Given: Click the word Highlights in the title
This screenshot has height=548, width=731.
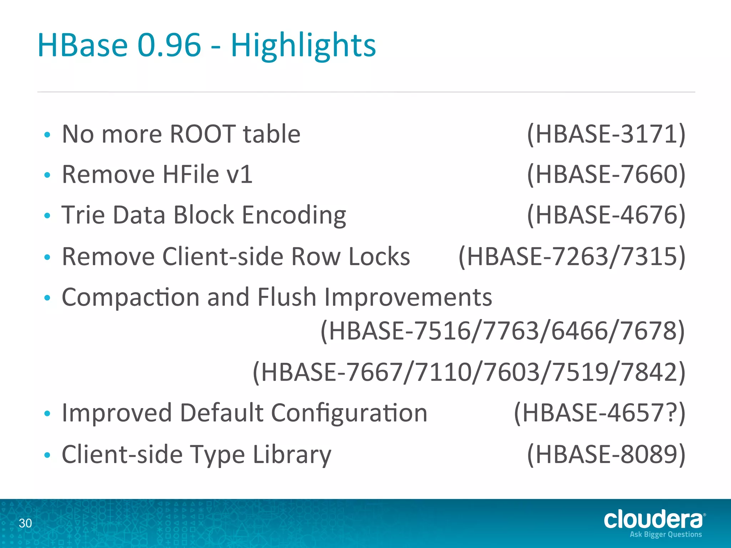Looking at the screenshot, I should pos(303,46).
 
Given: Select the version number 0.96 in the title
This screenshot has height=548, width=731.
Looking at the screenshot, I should pos(169,46).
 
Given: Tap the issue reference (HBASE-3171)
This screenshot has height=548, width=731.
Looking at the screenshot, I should pos(606,134).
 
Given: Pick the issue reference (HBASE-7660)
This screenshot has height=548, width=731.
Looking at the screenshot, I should pos(606,174).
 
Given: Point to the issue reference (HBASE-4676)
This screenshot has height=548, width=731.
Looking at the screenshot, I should pos(606,215).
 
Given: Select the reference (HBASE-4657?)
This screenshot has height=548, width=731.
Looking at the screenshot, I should pos(600,413).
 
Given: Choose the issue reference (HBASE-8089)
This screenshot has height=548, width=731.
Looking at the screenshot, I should pos(606,454).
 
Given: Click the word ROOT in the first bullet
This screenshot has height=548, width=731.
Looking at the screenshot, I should pos(202,134).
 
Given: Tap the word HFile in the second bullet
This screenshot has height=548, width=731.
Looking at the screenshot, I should pos(191,174).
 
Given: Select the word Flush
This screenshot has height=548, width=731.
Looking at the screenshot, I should pos(287,297).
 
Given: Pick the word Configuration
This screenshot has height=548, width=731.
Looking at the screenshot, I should pos(349,413).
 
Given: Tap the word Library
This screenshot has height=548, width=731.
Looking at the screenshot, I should pos(292,454).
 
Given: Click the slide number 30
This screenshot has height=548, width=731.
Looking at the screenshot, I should pos(25,523).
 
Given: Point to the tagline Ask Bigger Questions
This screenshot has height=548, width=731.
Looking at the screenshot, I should pos(666,534).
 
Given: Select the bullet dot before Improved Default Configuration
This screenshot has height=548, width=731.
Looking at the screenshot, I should pos(47,413).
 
